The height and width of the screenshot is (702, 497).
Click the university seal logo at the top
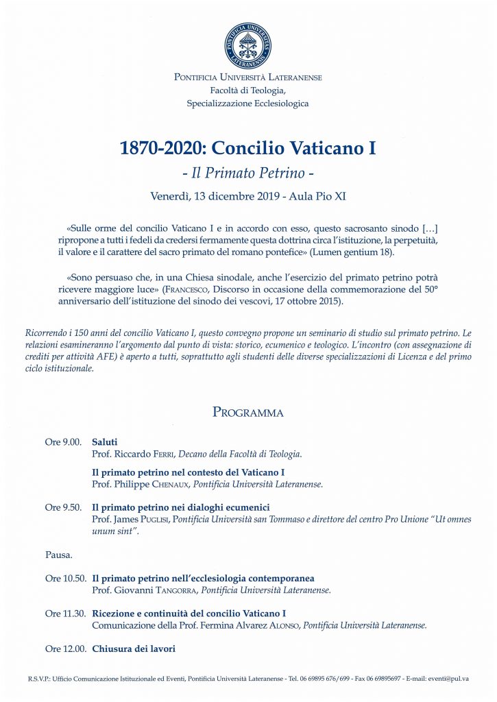tap(248, 46)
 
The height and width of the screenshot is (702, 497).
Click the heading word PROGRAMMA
tap(248, 412)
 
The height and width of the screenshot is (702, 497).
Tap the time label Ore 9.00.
tap(63, 443)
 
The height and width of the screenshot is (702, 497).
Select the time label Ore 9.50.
tap(63, 507)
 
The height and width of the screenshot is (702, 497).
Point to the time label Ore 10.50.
tap(66, 579)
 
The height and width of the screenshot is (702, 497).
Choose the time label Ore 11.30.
tap(66, 614)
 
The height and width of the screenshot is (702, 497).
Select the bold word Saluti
tap(105, 443)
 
